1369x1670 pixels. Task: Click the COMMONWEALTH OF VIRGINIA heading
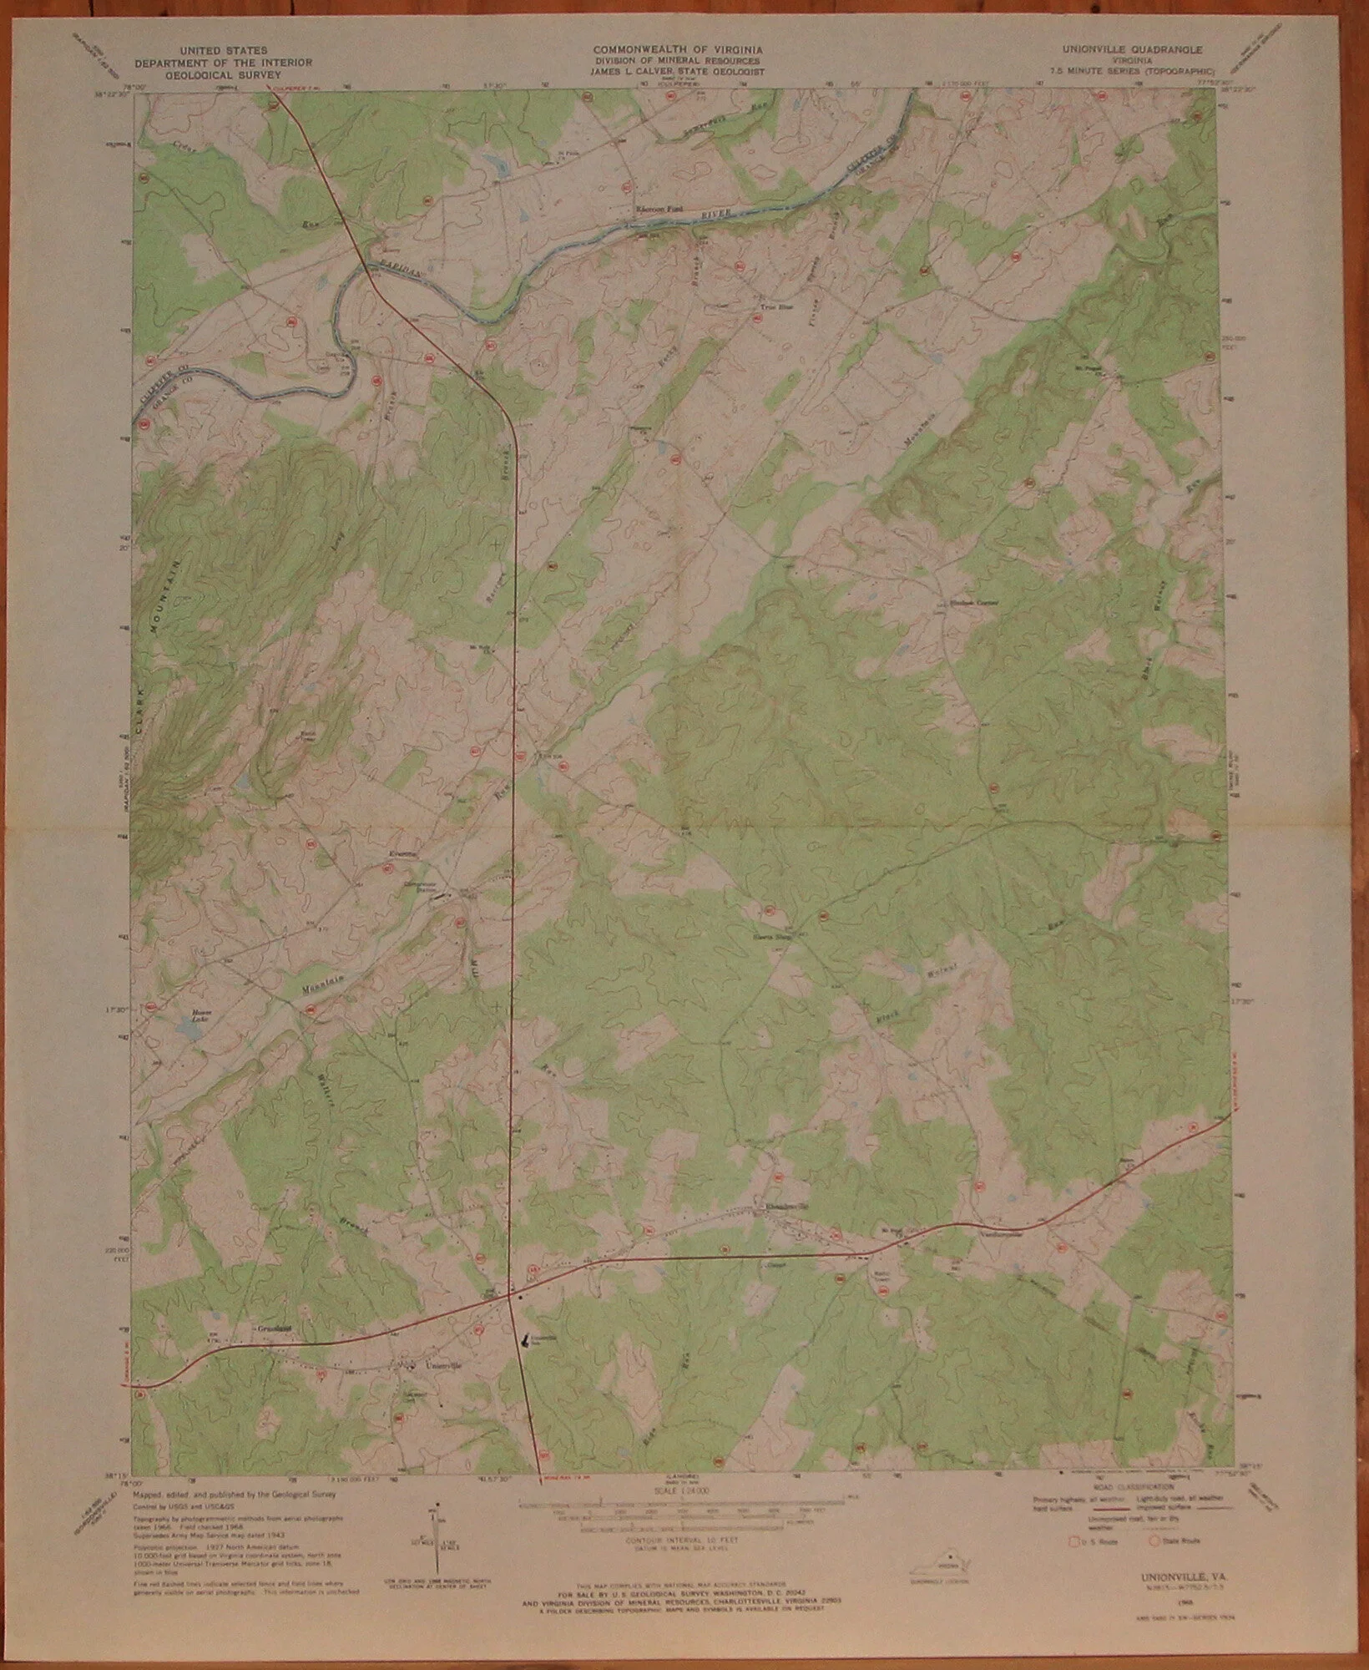(676, 50)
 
